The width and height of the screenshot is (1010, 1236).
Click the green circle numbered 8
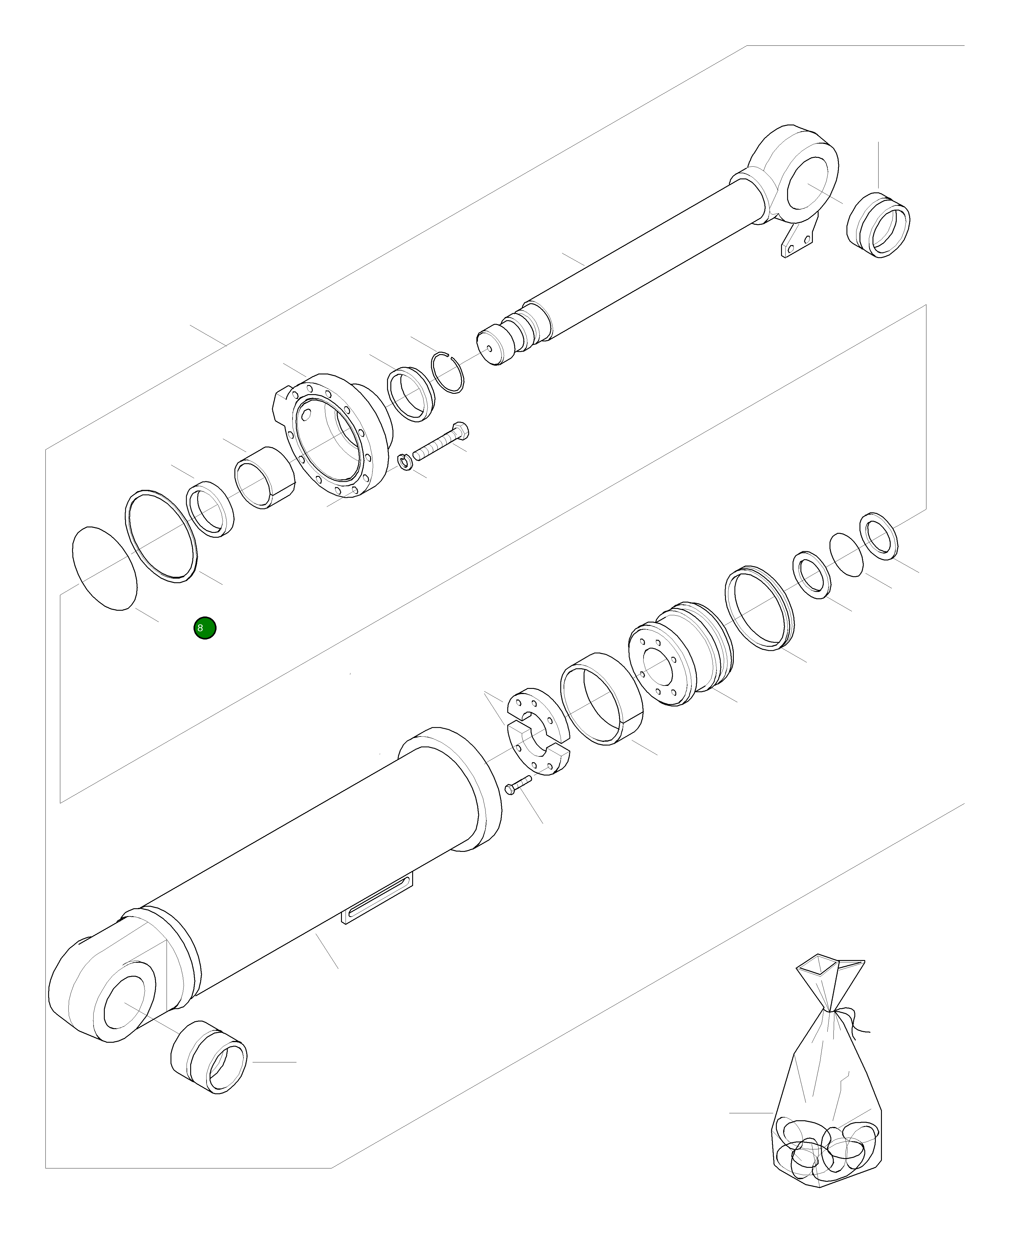[x=205, y=628]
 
